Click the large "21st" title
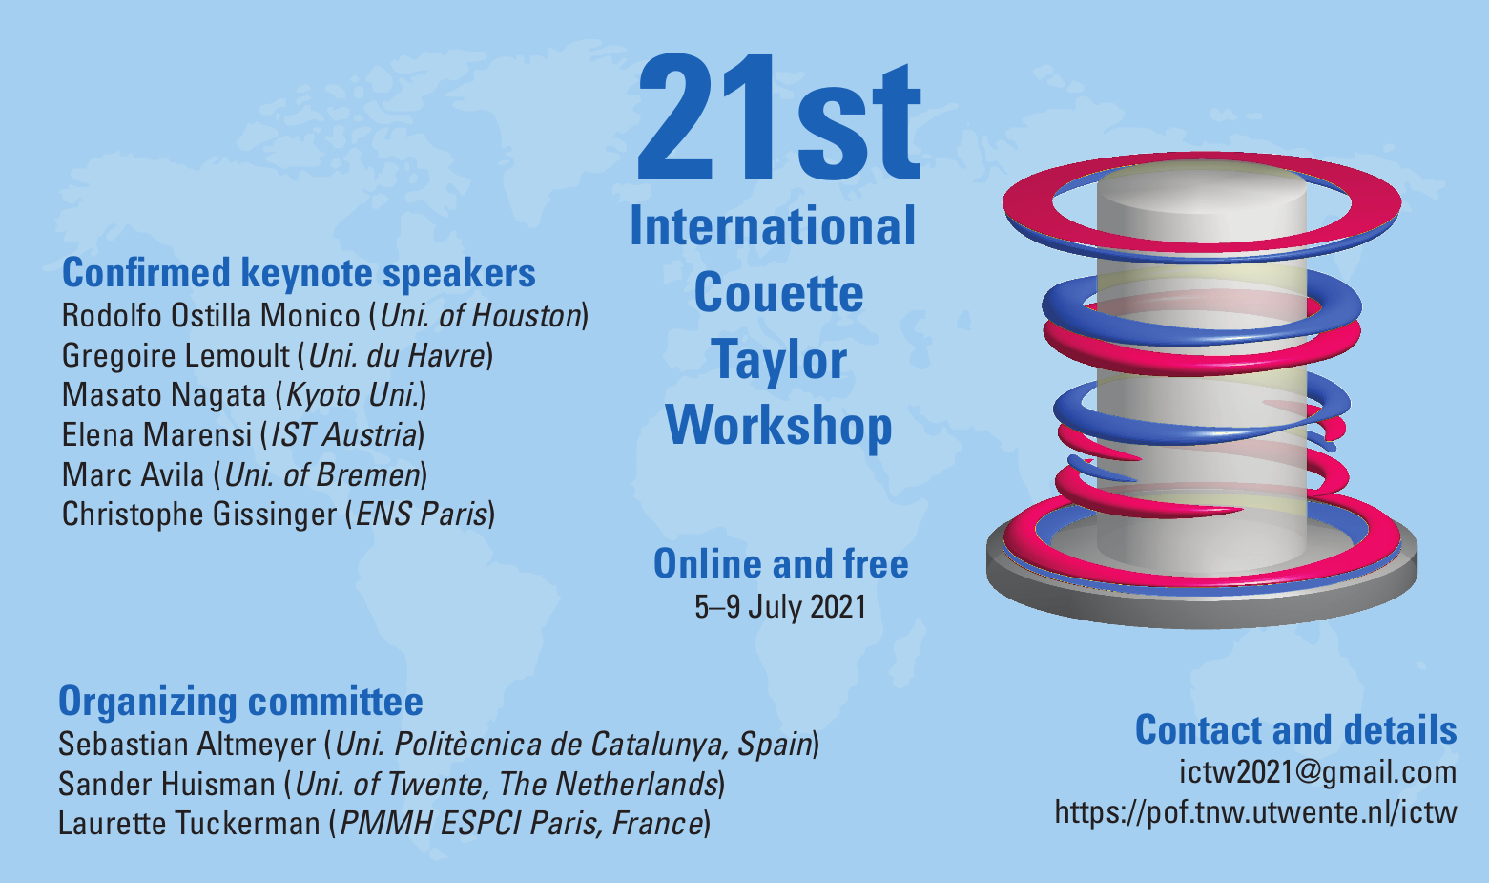(x=778, y=117)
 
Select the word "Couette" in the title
(x=778, y=293)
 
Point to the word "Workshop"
(x=778, y=427)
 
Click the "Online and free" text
(x=780, y=564)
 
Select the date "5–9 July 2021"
(x=780, y=607)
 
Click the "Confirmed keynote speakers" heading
(x=299, y=273)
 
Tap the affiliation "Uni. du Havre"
(x=398, y=356)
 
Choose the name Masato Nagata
(x=164, y=395)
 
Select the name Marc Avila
(x=133, y=475)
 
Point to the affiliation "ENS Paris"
(x=422, y=515)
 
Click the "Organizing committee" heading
(x=240, y=702)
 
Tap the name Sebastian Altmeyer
(x=187, y=745)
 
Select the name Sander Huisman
(x=167, y=785)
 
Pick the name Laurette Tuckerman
(x=190, y=824)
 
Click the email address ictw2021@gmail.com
(x=1318, y=773)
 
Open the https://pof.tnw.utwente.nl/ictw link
(x=1255, y=812)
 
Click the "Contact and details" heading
(x=1296, y=729)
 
